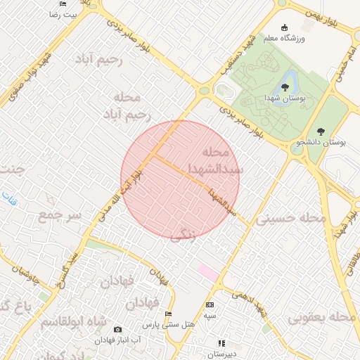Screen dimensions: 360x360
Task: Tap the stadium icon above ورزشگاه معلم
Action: tap(284, 27)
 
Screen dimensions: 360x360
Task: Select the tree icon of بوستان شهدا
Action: tap(284, 87)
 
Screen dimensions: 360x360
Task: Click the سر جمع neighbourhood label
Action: tap(59, 214)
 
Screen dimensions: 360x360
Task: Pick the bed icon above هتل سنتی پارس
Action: tap(168, 314)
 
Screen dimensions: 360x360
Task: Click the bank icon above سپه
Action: tap(210, 304)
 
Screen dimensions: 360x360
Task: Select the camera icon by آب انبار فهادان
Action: tap(117, 329)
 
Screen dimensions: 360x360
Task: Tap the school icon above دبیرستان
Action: tap(221, 343)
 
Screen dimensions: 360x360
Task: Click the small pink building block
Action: tap(207, 271)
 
